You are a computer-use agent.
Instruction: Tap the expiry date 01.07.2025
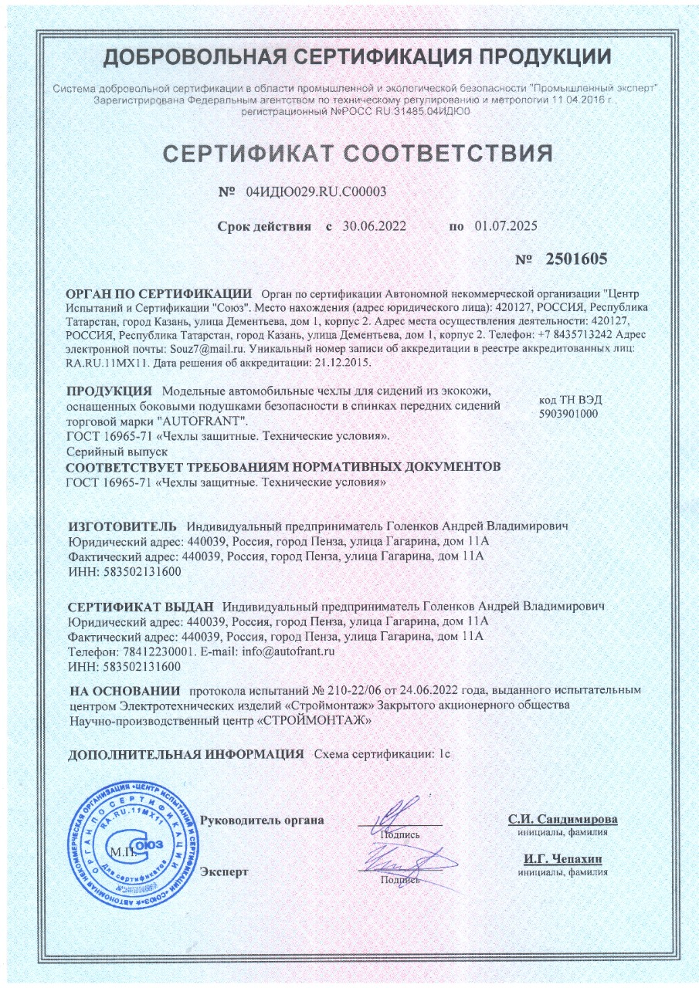click(x=506, y=226)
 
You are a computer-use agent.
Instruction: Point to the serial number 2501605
click(x=576, y=259)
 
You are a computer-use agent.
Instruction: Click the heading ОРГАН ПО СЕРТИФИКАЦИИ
click(x=160, y=294)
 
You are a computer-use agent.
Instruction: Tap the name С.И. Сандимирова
click(x=562, y=820)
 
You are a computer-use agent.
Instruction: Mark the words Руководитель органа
click(x=261, y=820)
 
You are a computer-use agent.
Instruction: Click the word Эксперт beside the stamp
click(x=224, y=872)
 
